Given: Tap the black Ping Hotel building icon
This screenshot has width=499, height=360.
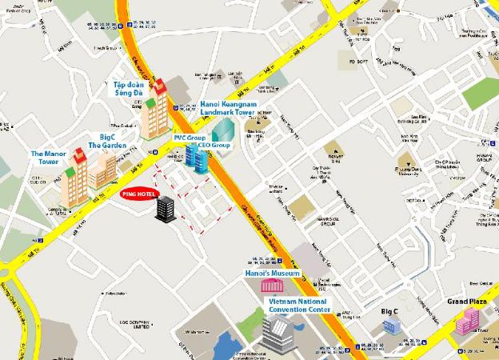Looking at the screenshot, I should click(x=166, y=209).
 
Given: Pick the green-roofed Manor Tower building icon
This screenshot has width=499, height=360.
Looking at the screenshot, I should click(x=74, y=175).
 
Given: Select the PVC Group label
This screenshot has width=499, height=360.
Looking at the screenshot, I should click(x=190, y=138).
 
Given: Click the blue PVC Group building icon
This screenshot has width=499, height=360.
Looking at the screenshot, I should click(x=196, y=155).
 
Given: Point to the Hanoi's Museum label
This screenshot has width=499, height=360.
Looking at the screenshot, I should click(x=273, y=274).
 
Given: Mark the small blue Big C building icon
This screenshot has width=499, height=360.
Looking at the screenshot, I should click(x=392, y=324).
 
